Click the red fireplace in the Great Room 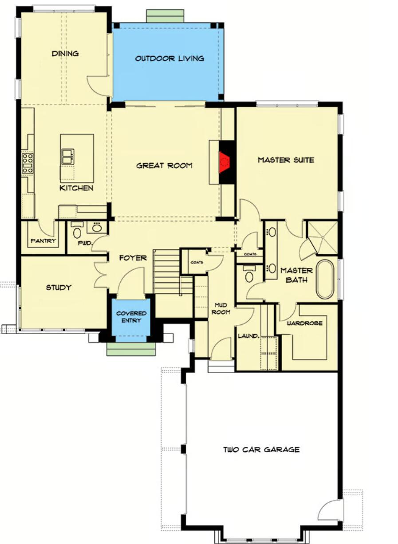pos(225,161)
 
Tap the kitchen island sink pos(67,157)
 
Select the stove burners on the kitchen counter pos(28,163)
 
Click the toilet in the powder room pos(77,233)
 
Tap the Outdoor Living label pos(169,58)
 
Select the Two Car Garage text pos(261,449)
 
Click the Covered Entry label pos(131,317)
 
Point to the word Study pos(59,288)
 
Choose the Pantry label pos(43,241)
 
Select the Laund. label pos(248,336)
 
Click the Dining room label pos(65,54)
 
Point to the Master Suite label pos(286,160)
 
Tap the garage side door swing pos(331,510)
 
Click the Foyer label pos(132,258)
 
